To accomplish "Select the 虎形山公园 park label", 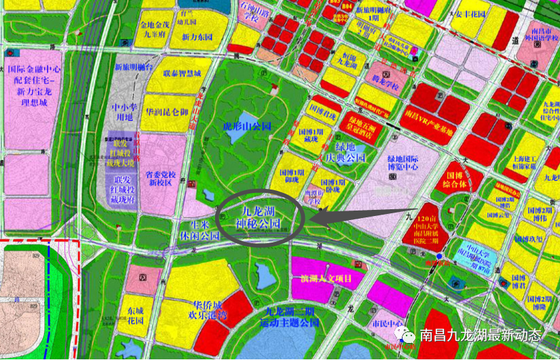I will [x=246, y=126].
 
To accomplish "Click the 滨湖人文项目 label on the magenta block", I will [x=326, y=278].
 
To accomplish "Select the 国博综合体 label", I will [x=455, y=179].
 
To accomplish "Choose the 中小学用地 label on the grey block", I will [x=125, y=111].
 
